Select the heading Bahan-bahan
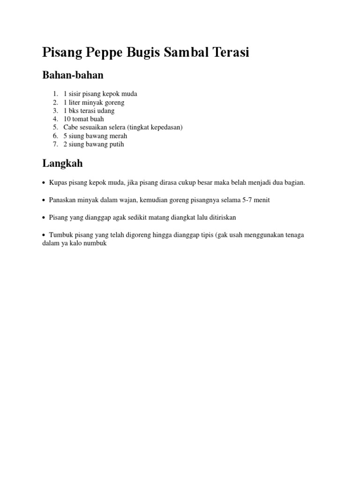(73, 75)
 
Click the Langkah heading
(62, 163)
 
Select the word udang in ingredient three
(105, 111)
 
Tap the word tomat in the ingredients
(81, 119)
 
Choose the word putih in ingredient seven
(116, 144)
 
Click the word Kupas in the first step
(58, 182)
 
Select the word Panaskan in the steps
(63, 200)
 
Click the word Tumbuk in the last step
(60, 235)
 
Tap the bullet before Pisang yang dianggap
(44, 218)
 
